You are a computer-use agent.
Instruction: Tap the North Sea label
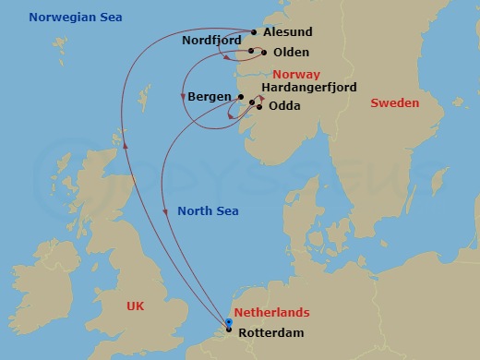coord(208,211)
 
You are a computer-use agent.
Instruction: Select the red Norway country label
coord(297,74)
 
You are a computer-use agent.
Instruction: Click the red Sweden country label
coord(394,102)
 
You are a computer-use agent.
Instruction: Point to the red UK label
coord(138,304)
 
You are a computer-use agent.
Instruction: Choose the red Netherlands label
coord(271,313)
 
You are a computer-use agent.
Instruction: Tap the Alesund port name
coord(288,30)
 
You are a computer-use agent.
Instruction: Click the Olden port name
coord(291,53)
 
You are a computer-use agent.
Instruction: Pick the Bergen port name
coord(210,97)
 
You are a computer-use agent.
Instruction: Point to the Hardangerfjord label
coord(309,88)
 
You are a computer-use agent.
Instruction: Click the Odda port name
coord(284,106)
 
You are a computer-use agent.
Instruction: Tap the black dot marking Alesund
coord(254,31)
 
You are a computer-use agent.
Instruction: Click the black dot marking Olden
coord(264,53)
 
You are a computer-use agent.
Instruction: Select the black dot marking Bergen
coord(240,97)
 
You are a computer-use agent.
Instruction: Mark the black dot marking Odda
coord(259,107)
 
